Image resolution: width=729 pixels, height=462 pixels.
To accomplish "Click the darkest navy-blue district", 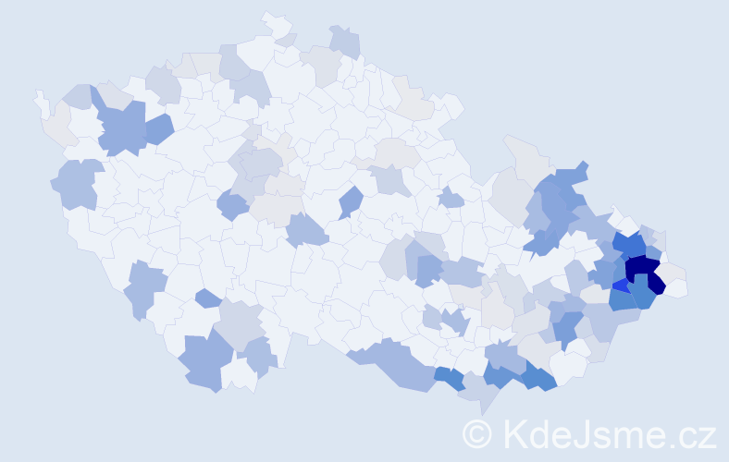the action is click(x=642, y=270).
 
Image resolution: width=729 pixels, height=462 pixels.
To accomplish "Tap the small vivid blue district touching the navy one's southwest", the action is click(x=620, y=286).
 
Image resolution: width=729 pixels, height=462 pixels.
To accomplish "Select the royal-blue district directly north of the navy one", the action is click(x=630, y=246).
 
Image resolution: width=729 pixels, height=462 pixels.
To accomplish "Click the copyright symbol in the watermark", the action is click(x=476, y=433).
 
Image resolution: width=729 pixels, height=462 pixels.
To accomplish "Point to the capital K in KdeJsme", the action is click(x=513, y=433).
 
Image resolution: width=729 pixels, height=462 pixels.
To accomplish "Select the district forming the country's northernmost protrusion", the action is click(x=276, y=22).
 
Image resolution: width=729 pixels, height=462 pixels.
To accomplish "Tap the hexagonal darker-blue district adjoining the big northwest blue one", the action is click(x=158, y=128).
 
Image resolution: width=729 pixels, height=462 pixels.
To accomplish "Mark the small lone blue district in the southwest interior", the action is click(x=208, y=298).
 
